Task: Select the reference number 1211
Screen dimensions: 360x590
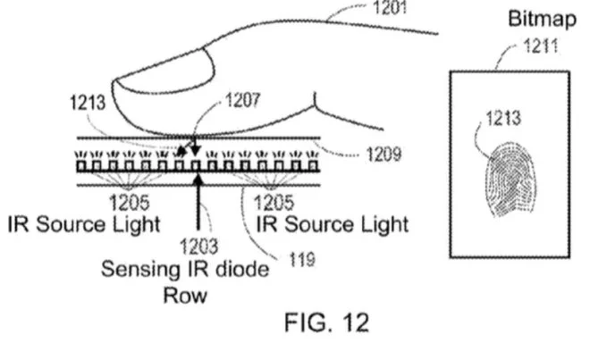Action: (x=535, y=47)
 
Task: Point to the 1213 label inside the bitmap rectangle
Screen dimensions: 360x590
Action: (x=505, y=118)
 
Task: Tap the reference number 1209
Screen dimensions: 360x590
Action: (x=383, y=155)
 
